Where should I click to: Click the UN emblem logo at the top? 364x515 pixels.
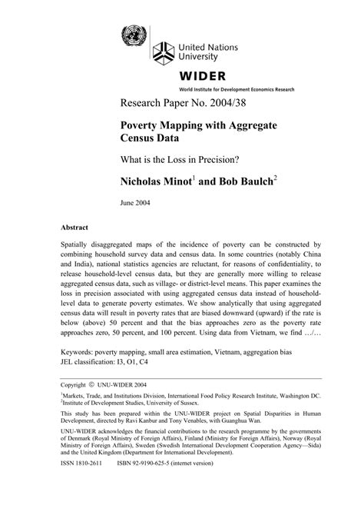(x=134, y=35)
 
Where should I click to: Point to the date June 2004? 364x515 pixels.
(x=134, y=206)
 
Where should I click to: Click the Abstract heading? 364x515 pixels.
(x=74, y=229)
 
